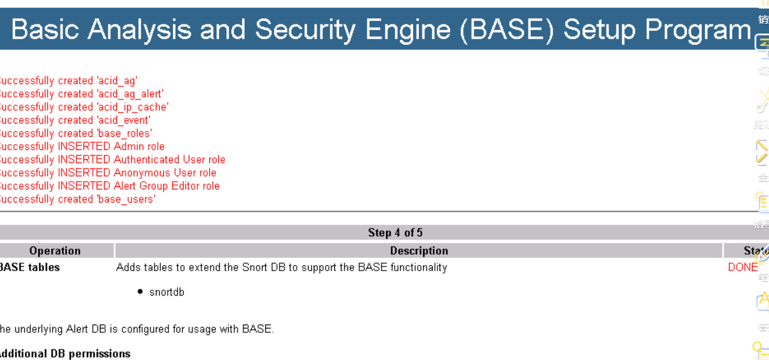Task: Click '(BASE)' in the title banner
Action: tap(507, 30)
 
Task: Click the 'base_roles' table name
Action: tap(124, 134)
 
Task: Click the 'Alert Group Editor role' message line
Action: tap(166, 186)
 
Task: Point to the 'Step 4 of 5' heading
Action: tap(395, 233)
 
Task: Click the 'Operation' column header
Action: tap(55, 251)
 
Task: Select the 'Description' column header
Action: tap(419, 251)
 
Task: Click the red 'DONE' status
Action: tap(743, 267)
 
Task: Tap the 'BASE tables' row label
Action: tap(30, 267)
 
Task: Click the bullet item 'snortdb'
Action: tap(166, 292)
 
